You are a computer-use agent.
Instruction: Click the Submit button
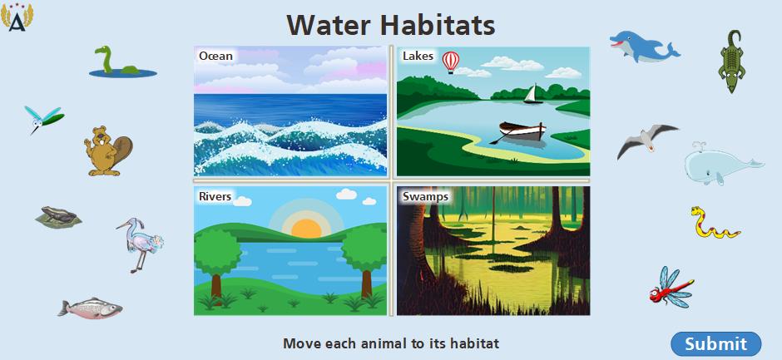pyautogui.click(x=716, y=343)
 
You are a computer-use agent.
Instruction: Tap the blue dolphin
pyautogui.click(x=643, y=47)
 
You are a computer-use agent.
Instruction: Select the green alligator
pyautogui.click(x=732, y=61)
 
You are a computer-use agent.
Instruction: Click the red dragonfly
pyautogui.click(x=671, y=288)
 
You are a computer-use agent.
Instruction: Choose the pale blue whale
pyautogui.click(x=721, y=164)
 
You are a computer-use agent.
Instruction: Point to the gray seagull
pyautogui.click(x=647, y=141)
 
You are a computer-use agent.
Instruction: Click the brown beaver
pyautogui.click(x=107, y=151)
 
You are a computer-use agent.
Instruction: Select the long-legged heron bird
pyautogui.click(x=141, y=244)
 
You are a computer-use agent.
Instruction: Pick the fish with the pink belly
pyautogui.click(x=91, y=308)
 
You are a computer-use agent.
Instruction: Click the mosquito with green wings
pyautogui.click(x=44, y=119)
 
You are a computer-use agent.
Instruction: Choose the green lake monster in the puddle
pyautogui.click(x=122, y=63)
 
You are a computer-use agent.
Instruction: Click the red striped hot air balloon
pyautogui.click(x=451, y=62)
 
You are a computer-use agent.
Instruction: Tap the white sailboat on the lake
pyautogui.click(x=533, y=94)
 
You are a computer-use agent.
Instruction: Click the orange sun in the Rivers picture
pyautogui.click(x=306, y=228)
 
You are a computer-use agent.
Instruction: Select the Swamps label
pyautogui.click(x=425, y=196)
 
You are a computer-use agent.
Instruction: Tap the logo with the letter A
pyautogui.click(x=17, y=17)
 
